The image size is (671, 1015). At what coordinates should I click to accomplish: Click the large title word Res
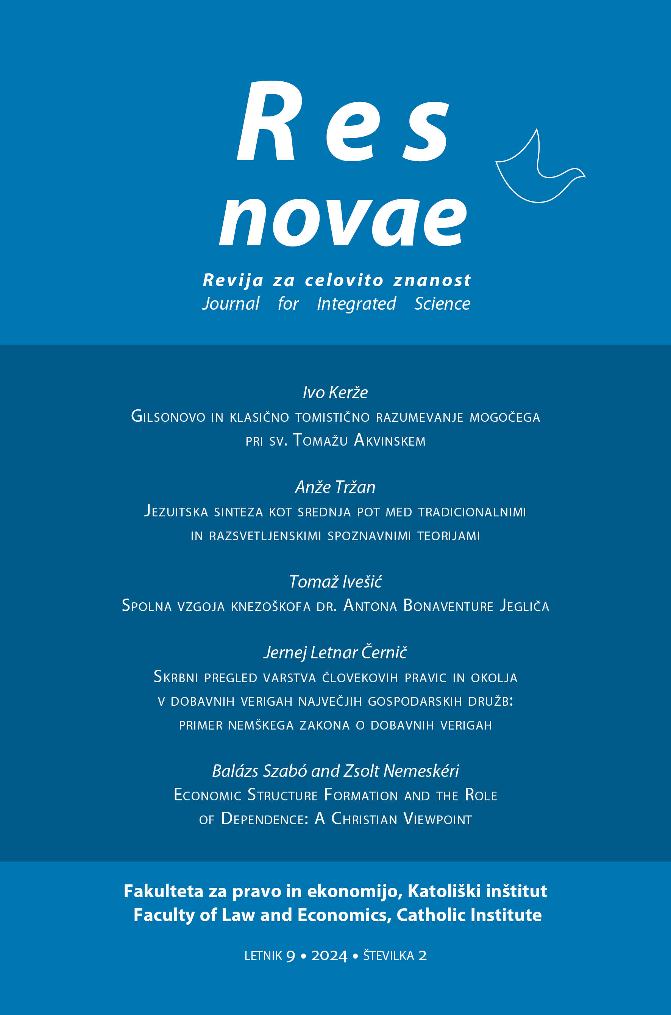(342, 122)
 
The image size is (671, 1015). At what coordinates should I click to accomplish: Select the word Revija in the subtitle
(233, 281)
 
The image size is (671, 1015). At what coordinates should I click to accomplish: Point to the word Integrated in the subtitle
(356, 304)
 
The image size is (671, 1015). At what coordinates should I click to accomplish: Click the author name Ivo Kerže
(335, 392)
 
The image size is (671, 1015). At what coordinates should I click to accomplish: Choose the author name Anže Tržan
(335, 487)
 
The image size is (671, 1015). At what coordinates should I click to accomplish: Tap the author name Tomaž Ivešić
(335, 582)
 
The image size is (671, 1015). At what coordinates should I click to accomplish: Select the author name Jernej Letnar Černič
(335, 652)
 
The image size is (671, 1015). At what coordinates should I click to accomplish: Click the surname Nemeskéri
(421, 771)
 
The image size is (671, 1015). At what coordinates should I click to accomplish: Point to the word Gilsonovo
(168, 416)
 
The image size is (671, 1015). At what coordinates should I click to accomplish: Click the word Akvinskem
(390, 440)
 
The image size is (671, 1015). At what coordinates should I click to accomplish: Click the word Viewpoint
(437, 819)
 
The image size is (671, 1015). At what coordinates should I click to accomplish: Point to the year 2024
(329, 956)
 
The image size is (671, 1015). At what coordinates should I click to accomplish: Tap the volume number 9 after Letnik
(290, 956)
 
